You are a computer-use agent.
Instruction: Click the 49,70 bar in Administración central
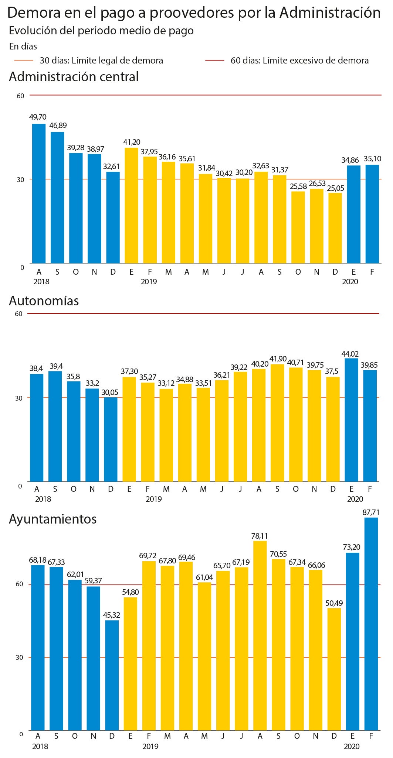tap(39, 193)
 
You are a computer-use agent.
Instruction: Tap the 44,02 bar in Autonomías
tap(352, 420)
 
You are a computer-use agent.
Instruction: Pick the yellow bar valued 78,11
tap(260, 636)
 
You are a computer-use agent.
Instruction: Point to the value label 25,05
tap(335, 188)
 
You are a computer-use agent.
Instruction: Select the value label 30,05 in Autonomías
tap(111, 392)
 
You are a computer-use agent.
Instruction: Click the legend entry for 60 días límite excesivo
tap(287, 61)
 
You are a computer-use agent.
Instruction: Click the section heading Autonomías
tap(44, 301)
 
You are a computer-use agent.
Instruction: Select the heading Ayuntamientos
tap(53, 519)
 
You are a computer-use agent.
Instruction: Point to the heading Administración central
tap(74, 77)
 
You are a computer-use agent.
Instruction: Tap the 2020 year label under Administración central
tap(350, 282)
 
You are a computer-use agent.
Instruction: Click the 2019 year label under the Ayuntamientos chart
tap(150, 746)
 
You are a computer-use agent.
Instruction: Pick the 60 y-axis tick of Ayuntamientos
tap(20, 584)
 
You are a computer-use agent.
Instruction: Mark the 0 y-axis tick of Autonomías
tap(20, 486)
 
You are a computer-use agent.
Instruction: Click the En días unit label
tap(23, 47)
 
